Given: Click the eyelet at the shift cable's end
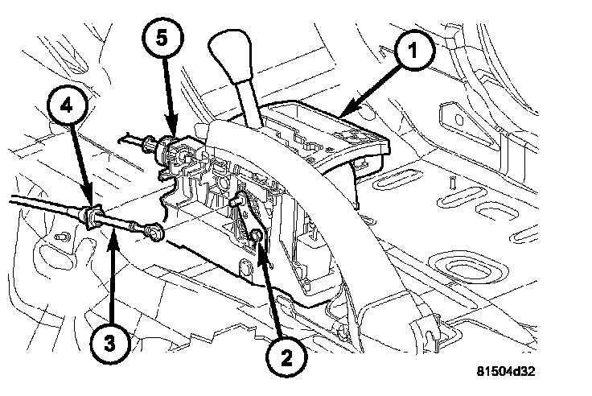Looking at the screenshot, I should pos(158,233).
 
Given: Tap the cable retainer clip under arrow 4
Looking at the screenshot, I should pos(92,216).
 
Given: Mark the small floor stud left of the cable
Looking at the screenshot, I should pos(61,238).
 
